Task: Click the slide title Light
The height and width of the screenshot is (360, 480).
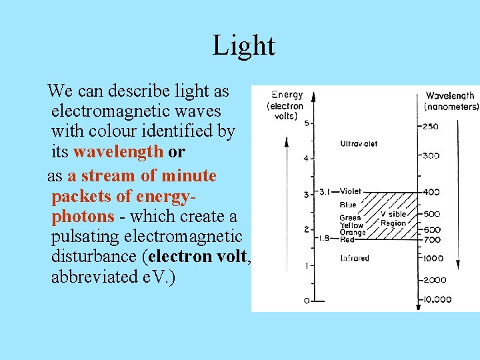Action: click(x=243, y=46)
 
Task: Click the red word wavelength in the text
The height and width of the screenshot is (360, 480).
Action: click(x=118, y=152)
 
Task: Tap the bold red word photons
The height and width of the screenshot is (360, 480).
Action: click(x=83, y=217)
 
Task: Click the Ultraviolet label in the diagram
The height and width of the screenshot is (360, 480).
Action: click(x=359, y=143)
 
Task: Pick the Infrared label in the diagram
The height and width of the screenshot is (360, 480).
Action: click(x=355, y=258)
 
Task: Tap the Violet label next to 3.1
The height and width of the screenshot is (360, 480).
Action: click(x=351, y=191)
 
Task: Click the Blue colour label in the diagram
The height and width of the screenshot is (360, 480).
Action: click(x=348, y=205)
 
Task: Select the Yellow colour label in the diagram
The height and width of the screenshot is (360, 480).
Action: click(x=351, y=225)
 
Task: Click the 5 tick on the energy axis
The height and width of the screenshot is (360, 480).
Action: click(x=306, y=124)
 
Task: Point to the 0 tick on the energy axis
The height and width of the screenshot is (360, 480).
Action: click(x=307, y=301)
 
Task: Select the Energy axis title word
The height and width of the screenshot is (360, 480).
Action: click(x=286, y=96)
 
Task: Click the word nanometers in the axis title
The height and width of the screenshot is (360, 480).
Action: click(x=451, y=107)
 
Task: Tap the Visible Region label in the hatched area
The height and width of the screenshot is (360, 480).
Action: click(x=393, y=219)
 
